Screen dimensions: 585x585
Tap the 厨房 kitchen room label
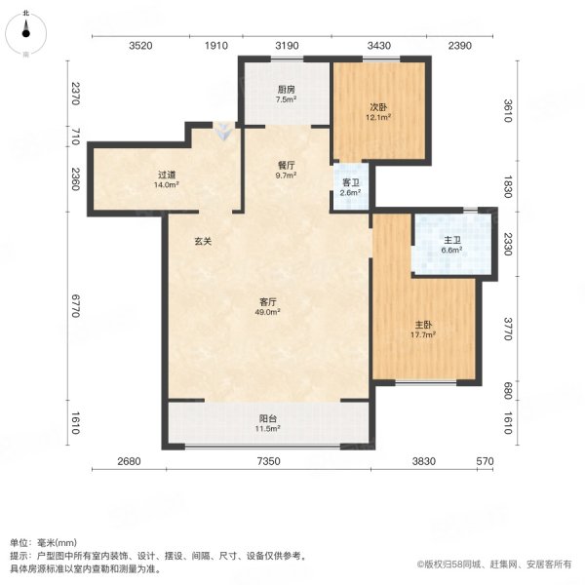tap(285, 89)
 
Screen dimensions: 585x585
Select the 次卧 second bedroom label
tap(378, 107)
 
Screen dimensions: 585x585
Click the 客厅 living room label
tap(268, 302)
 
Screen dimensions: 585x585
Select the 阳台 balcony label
tap(268, 419)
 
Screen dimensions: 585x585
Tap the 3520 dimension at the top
tap(141, 46)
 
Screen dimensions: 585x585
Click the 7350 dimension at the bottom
tap(269, 461)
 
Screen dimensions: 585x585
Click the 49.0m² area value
tap(268, 312)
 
